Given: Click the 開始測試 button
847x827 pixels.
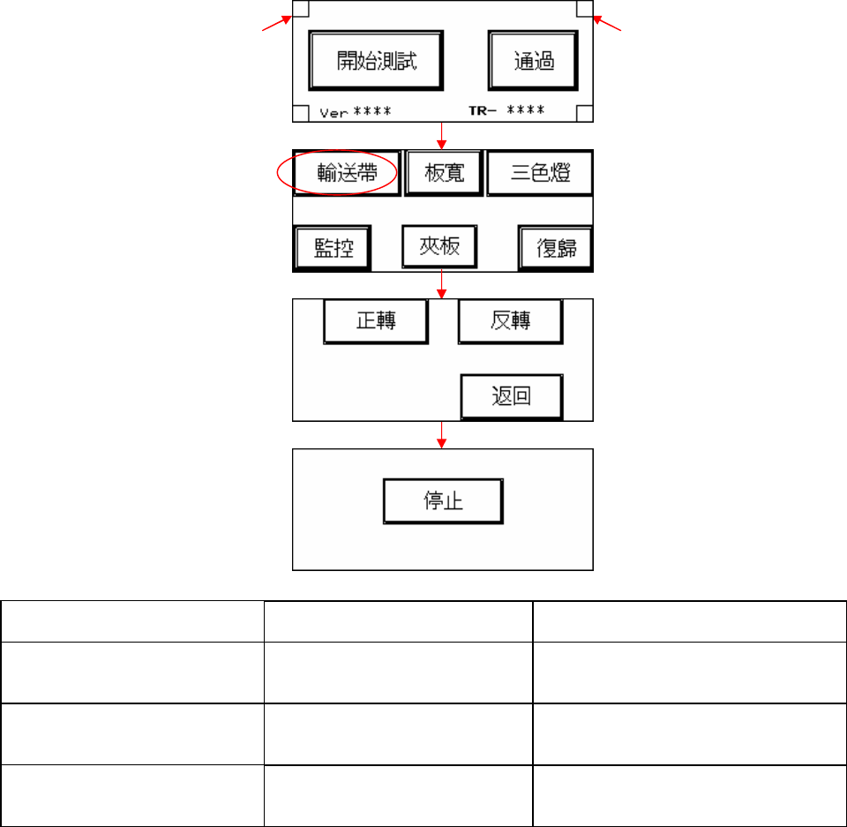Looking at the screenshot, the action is point(376,60).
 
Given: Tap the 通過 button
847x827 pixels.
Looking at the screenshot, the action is point(534,60).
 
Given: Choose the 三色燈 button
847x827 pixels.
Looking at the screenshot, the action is point(540,173).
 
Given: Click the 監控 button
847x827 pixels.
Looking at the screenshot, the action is point(333,248).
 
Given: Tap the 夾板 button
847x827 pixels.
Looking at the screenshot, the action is point(438,246).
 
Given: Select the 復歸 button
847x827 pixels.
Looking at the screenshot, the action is point(555,249).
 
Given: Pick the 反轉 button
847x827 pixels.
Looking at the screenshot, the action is point(510,320).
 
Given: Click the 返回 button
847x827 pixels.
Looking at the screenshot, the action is point(511,396).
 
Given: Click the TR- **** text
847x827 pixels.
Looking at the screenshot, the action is point(505,111).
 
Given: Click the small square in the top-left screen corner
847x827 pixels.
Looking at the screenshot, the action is point(301,9).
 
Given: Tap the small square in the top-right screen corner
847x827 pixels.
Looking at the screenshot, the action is point(585,9).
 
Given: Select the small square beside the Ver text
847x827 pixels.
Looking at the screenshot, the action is point(301,113).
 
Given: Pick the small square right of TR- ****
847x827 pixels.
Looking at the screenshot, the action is point(585,113).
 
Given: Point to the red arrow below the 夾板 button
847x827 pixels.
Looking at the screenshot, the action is point(442,285).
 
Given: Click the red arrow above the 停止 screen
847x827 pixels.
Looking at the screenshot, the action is point(442,436).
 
